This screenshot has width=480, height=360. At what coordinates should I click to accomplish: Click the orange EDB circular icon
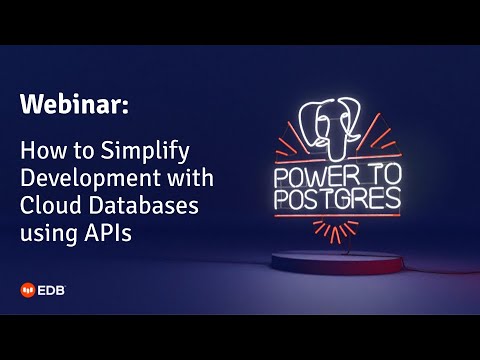click(30, 291)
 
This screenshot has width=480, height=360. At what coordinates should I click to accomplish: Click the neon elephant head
click(336, 123)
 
